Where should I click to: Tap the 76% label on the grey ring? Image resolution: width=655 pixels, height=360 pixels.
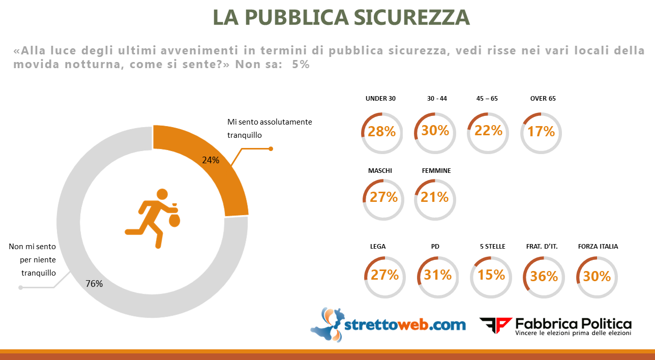coord(95,284)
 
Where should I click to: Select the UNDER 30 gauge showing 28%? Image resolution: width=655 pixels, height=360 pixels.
coord(381,132)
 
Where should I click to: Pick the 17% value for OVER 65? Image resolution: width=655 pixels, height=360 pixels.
coord(541,132)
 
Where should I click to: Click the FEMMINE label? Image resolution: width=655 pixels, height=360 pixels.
coord(436,171)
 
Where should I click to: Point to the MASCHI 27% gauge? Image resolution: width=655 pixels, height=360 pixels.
coord(383,197)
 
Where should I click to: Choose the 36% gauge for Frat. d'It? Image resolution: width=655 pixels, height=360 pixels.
coord(544,276)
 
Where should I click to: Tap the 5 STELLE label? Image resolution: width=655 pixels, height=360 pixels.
coord(492,246)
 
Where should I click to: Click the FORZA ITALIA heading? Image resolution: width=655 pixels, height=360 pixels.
coord(598,246)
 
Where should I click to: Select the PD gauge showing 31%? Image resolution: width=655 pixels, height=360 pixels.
coord(437,275)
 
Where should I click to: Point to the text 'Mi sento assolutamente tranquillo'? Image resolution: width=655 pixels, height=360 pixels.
coord(269,129)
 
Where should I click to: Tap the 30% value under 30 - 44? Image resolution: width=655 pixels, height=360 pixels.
coord(435,131)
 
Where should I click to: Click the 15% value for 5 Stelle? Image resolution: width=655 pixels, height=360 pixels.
coord(491,275)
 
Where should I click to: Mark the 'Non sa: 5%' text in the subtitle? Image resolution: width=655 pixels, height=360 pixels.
coord(272,65)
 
